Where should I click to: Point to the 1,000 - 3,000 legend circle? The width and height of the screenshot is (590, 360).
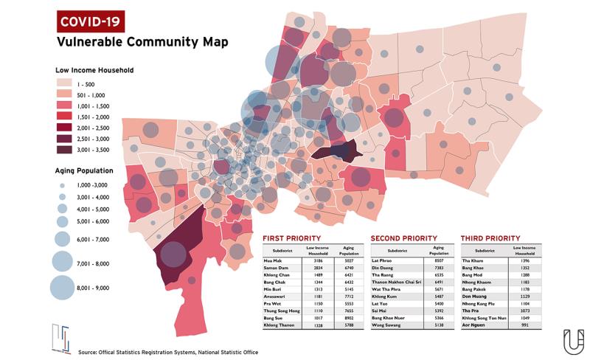point(62,186)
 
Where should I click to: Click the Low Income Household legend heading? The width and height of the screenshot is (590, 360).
point(94,71)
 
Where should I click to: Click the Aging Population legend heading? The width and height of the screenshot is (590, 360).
point(84,170)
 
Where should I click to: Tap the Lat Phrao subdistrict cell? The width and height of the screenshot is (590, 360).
point(382,260)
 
